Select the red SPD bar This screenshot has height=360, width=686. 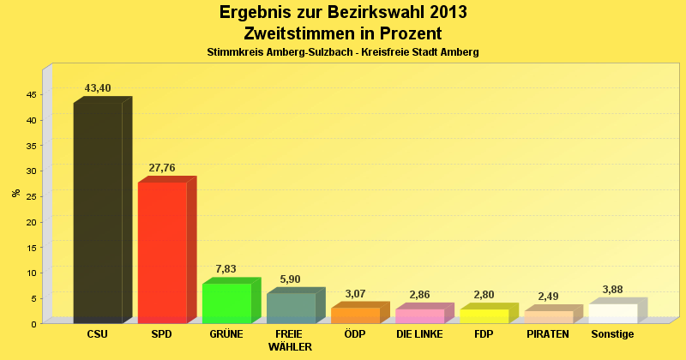click(x=162, y=253)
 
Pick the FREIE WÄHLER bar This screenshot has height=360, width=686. click(x=291, y=309)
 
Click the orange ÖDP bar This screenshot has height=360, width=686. click(x=355, y=315)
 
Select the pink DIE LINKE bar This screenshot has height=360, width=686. click(x=419, y=316)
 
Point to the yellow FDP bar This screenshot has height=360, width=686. click(x=484, y=316)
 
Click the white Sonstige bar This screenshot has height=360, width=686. click(x=612, y=314)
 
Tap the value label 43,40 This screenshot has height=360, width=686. click(x=98, y=88)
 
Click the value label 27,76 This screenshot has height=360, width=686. click(x=162, y=168)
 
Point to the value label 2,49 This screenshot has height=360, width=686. click(x=548, y=297)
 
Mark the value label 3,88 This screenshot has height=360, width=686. click(x=612, y=290)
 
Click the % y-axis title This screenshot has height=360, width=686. click(x=15, y=193)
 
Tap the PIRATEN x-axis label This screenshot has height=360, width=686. click(x=548, y=334)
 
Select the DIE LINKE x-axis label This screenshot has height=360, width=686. click(x=419, y=334)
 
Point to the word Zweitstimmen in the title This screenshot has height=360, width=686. click(x=296, y=33)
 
